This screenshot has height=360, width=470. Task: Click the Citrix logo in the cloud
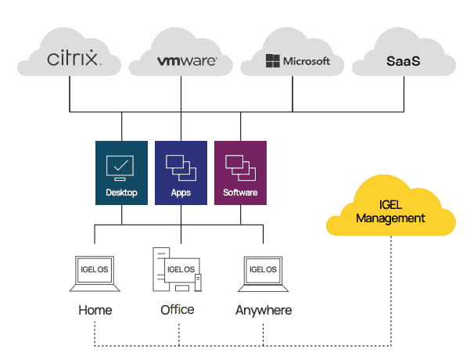pyautogui.click(x=74, y=59)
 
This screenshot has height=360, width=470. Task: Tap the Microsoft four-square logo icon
pyautogui.click(x=272, y=61)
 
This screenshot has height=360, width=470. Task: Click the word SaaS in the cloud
pyautogui.click(x=404, y=60)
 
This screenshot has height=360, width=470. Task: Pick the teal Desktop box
pyautogui.click(x=121, y=173)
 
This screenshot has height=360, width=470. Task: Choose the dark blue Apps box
pyautogui.click(x=181, y=173)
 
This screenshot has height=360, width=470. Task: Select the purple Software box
pyautogui.click(x=240, y=173)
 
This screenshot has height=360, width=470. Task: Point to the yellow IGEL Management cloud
pyautogui.click(x=390, y=208)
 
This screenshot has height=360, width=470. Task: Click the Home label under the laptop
pyautogui.click(x=95, y=310)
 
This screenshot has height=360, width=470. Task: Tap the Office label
pyautogui.click(x=178, y=310)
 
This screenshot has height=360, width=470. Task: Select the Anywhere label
pyautogui.click(x=264, y=310)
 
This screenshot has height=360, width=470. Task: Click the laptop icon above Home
pyautogui.click(x=95, y=274)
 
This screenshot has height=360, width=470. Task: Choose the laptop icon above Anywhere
pyautogui.click(x=264, y=274)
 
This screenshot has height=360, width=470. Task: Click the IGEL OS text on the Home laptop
pyautogui.click(x=95, y=269)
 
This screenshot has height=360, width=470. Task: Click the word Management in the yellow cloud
pyautogui.click(x=390, y=218)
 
